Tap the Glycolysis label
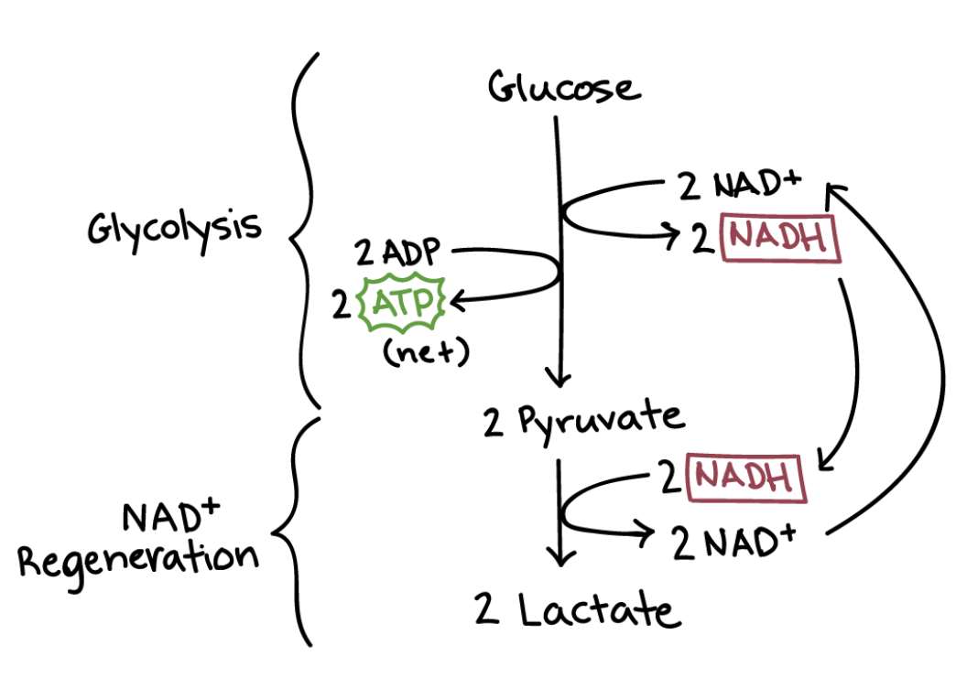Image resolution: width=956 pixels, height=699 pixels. point(174,228)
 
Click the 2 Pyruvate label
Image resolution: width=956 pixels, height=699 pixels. point(583,419)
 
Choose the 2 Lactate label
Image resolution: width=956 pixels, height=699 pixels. point(578,609)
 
